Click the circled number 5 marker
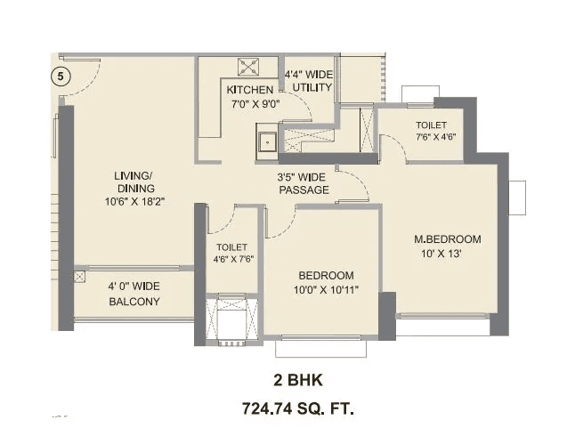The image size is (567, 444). [x=61, y=77]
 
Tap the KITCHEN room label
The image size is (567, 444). [x=249, y=91]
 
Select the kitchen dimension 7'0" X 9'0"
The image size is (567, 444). [x=249, y=103]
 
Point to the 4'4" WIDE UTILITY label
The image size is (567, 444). [x=308, y=81]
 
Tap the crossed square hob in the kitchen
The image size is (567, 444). [x=247, y=67]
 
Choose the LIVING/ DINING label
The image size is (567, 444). [x=134, y=182]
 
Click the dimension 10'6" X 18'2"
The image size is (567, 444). [x=134, y=202]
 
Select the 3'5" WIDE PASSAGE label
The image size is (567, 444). [x=304, y=183]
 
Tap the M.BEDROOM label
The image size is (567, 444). [x=448, y=239]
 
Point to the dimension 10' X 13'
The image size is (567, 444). [x=448, y=254]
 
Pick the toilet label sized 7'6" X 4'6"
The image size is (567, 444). [x=431, y=132]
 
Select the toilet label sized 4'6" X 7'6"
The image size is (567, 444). [x=231, y=254]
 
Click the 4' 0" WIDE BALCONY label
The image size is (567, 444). [x=134, y=294]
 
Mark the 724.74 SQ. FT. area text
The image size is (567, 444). [x=299, y=409]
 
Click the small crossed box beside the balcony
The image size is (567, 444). [x=81, y=277]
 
